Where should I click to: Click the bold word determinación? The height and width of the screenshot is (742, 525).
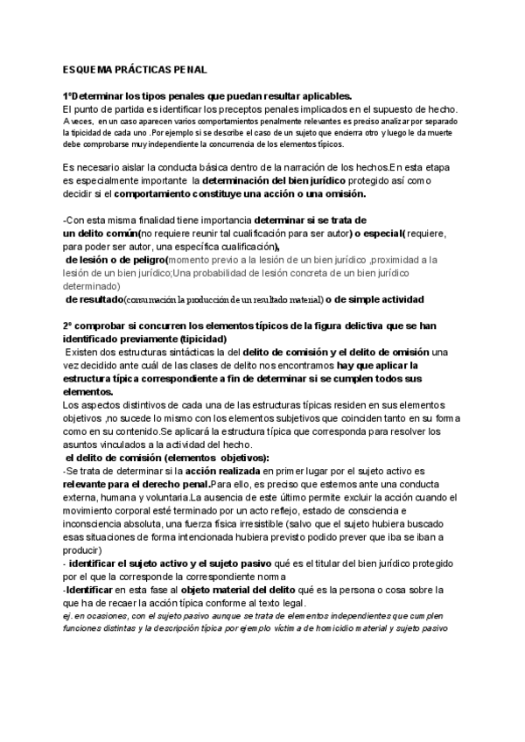tap(260, 180)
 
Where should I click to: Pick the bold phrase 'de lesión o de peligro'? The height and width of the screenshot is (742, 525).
tap(115, 260)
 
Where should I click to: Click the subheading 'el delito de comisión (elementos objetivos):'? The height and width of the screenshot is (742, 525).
tap(168, 458)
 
